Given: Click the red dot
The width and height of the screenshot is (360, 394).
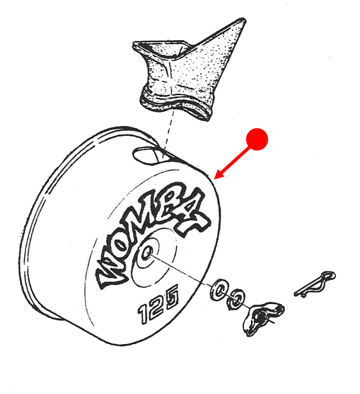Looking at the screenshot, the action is coord(257,139).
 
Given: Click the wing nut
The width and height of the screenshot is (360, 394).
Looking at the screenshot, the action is coord(263,317).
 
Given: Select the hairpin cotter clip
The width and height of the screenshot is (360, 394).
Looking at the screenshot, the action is coord(315,284).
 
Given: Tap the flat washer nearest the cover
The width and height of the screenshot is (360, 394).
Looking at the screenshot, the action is coord(218,289).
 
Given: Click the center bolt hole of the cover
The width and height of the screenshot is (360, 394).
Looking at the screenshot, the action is coord(146,252).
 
